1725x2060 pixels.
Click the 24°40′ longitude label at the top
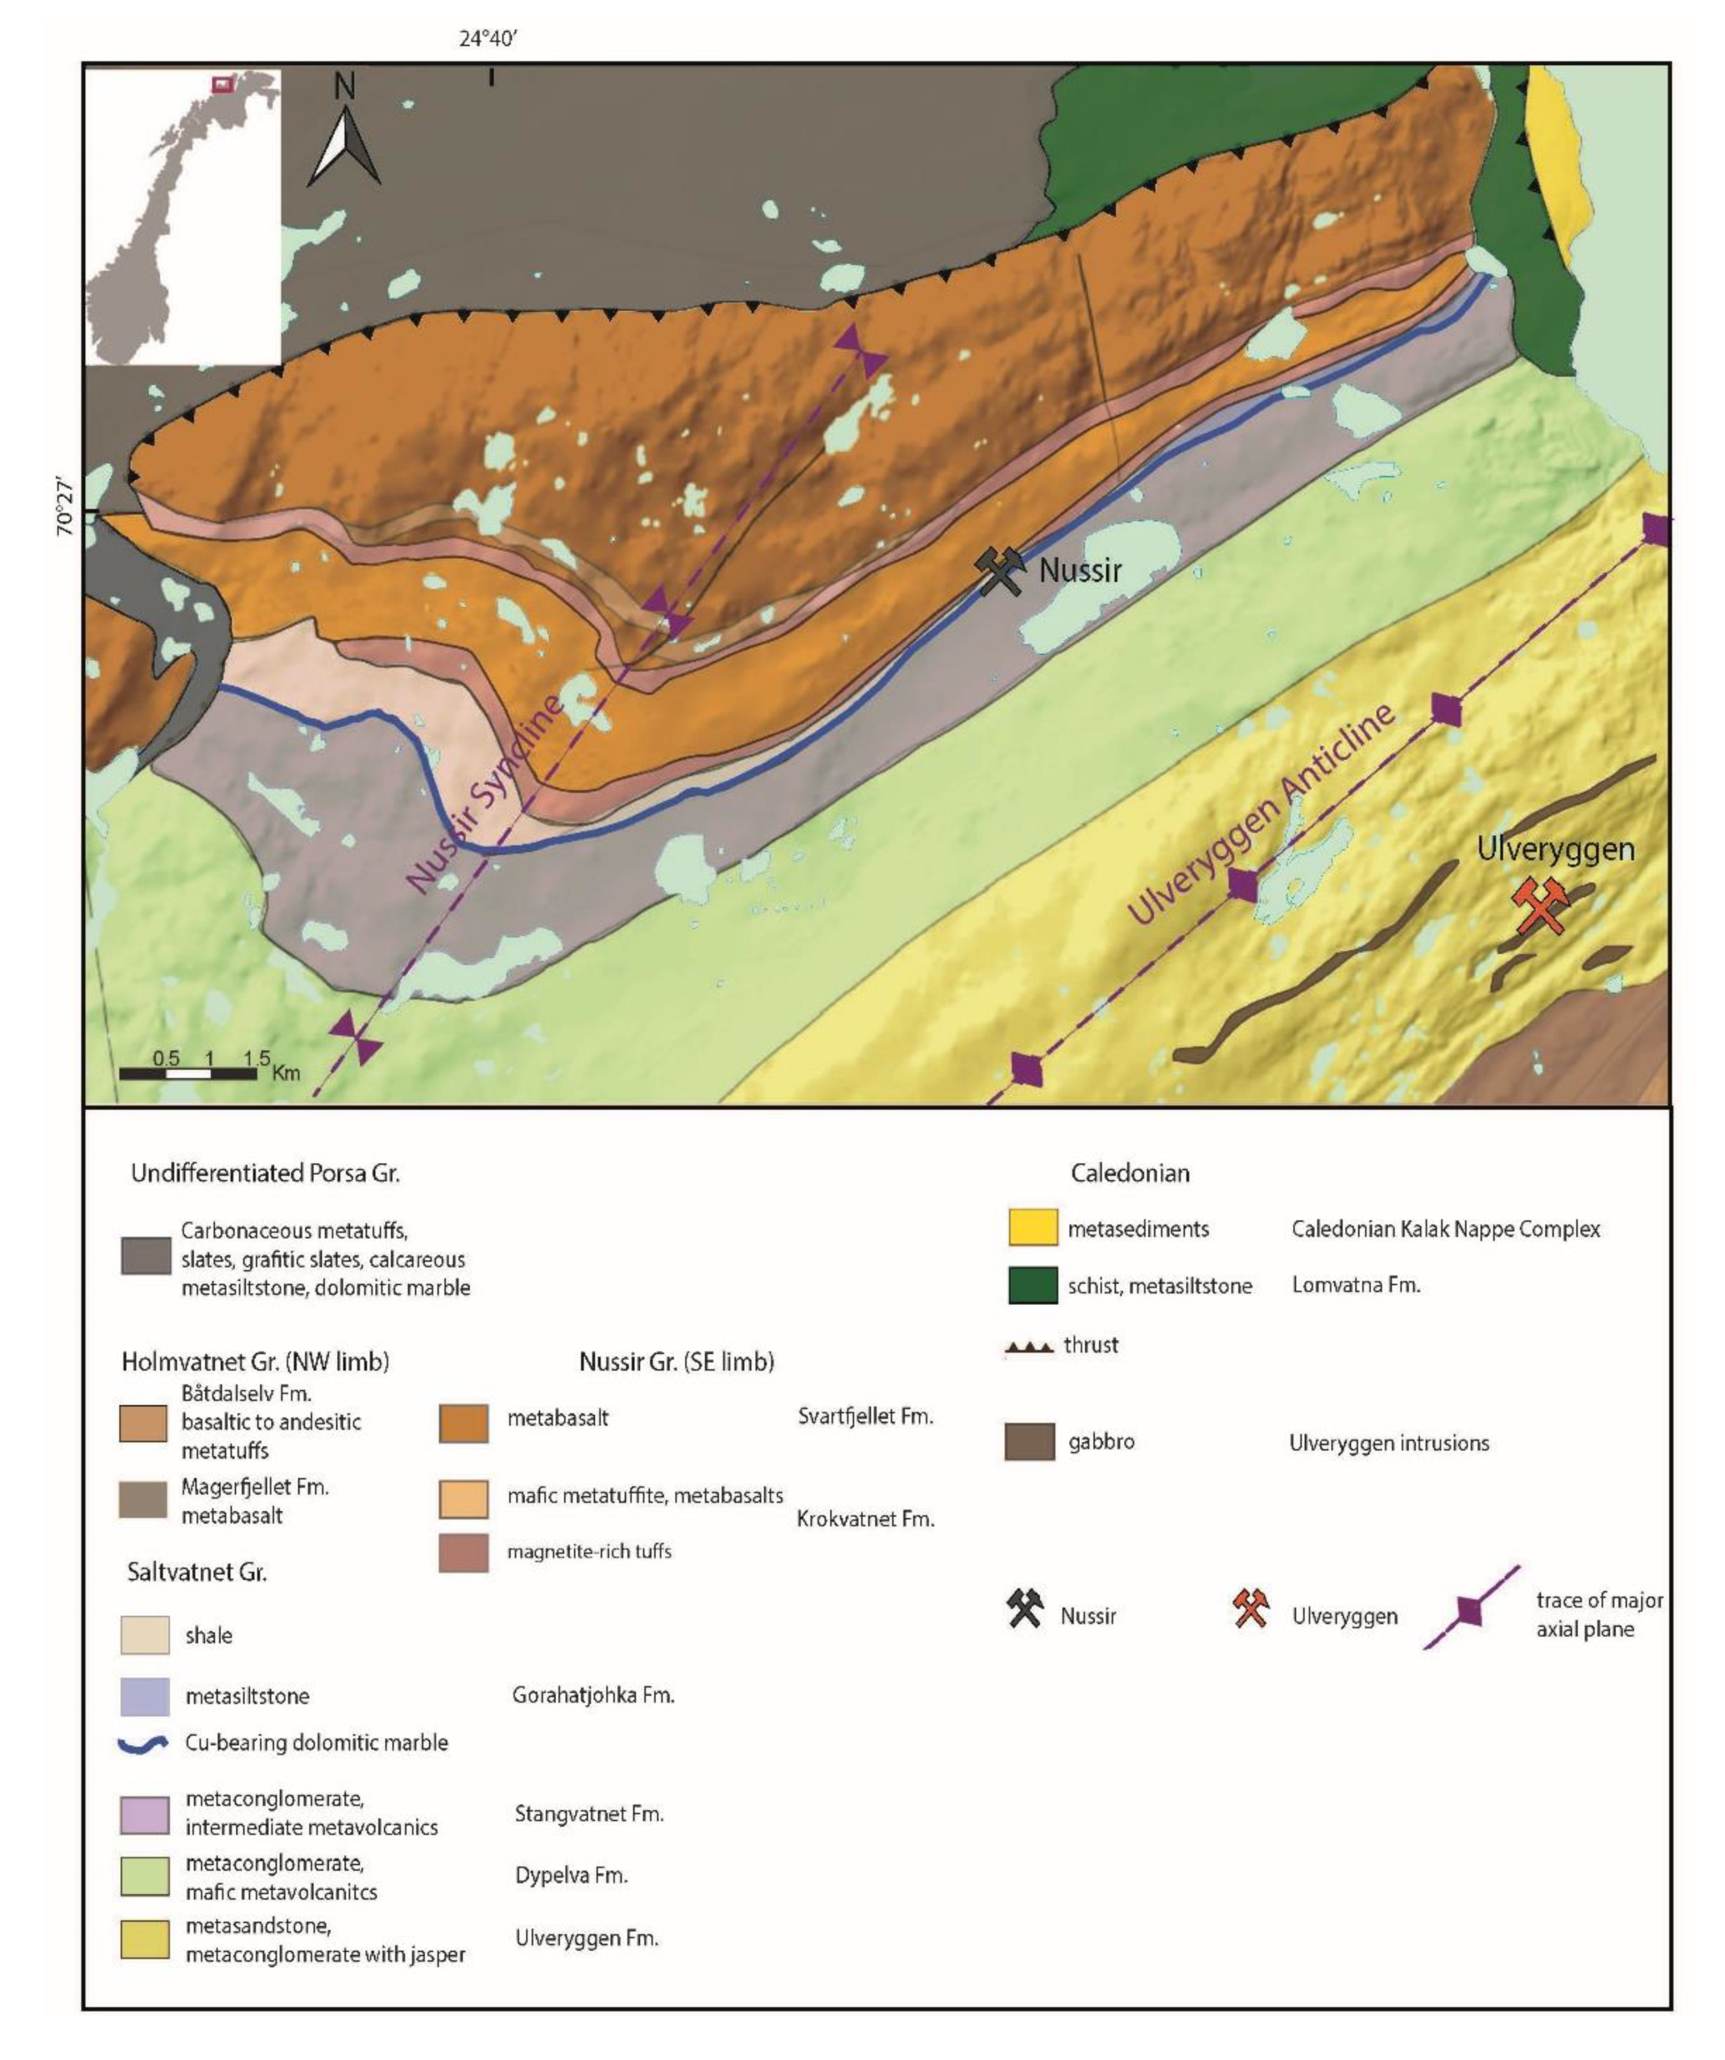click(488, 39)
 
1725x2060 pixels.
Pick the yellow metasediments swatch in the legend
click(1033, 1227)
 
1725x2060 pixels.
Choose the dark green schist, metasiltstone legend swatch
click(1033, 1285)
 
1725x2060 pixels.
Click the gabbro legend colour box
click(1029, 1442)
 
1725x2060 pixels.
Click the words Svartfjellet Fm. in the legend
click(865, 1416)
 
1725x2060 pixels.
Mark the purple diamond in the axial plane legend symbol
click(1470, 1610)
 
